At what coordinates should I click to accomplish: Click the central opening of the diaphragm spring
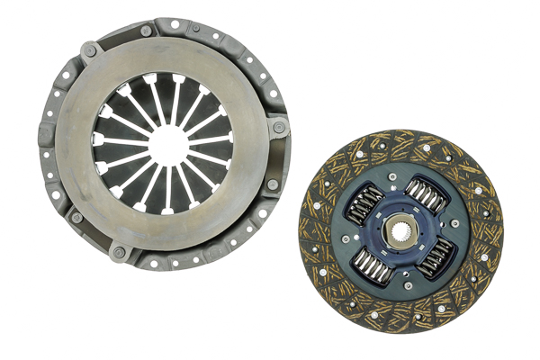tap(165, 141)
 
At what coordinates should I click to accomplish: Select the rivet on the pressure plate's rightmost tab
tap(278, 130)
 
